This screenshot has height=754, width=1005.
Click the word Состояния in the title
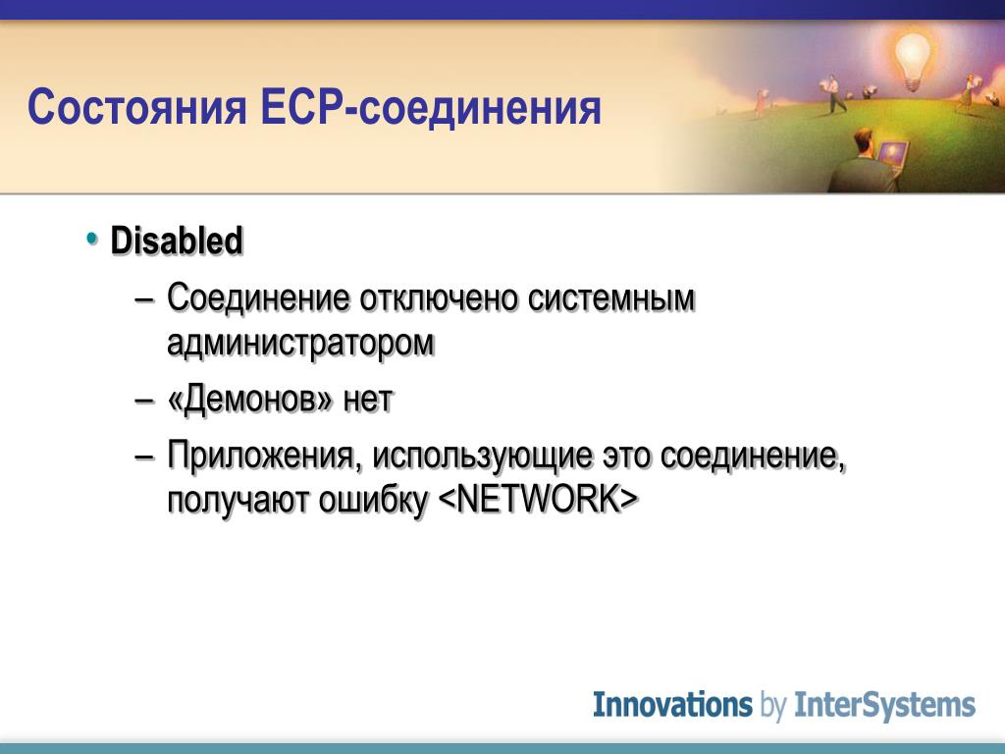point(136,107)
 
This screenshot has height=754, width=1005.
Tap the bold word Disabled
point(177,241)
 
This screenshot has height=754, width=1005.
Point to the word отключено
point(438,298)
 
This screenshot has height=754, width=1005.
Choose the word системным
point(611,298)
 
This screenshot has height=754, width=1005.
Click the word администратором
point(300,343)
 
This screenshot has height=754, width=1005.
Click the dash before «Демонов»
point(145,400)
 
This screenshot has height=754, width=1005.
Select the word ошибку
point(373,500)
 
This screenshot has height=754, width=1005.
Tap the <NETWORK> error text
point(539,499)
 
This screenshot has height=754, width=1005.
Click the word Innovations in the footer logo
point(672,704)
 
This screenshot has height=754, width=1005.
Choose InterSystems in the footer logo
point(884,705)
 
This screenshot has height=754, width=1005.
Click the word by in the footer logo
point(773,706)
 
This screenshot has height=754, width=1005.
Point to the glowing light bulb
point(912,59)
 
